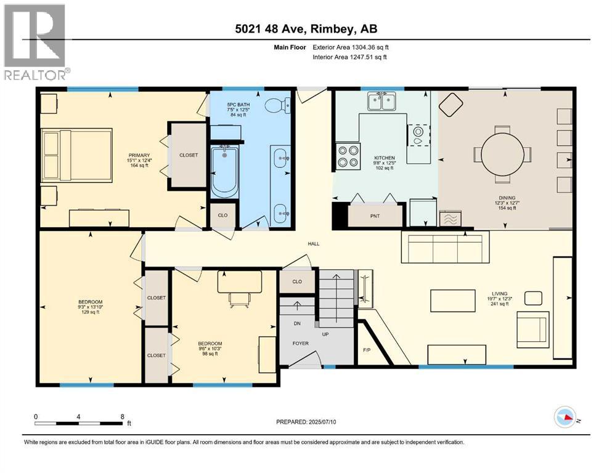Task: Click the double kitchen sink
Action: click(381, 101)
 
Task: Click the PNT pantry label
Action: click(374, 216)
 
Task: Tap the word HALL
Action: click(314, 244)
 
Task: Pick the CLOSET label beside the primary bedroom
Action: click(189, 155)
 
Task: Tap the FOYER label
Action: click(300, 344)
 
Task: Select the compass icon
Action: click(565, 418)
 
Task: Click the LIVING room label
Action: click(500, 293)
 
